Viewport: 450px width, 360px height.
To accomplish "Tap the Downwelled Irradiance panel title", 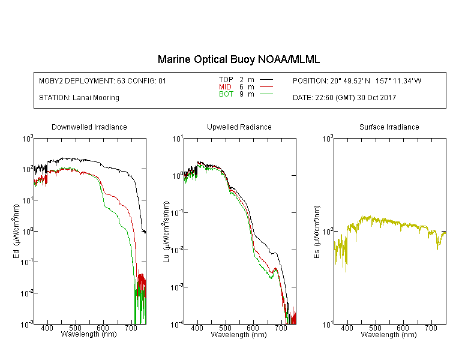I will click(89, 127).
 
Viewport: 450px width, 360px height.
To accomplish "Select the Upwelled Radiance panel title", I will click(239, 127).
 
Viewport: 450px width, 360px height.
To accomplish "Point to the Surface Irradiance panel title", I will click(389, 127).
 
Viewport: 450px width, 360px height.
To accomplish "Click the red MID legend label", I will click(226, 87).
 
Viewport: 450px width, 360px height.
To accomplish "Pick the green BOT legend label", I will click(226, 94).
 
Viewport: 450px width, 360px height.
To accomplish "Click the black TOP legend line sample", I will click(266, 80).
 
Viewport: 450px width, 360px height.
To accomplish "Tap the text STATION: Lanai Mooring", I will click(79, 98).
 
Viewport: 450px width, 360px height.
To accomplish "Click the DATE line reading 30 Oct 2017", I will click(344, 98).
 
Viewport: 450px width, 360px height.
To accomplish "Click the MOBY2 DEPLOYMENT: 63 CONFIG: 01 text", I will click(103, 80).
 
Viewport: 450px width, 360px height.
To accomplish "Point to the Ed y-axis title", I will click(16, 231).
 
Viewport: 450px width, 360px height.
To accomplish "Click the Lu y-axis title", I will click(166, 231).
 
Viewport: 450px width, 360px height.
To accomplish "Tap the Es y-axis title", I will click(316, 231).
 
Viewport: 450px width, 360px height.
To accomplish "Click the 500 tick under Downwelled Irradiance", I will click(76, 328).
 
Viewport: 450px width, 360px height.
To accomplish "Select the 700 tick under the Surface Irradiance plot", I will click(431, 328).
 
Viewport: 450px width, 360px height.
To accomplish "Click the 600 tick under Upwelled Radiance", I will click(253, 328).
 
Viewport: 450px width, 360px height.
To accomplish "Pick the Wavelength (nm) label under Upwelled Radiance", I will click(239, 335).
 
